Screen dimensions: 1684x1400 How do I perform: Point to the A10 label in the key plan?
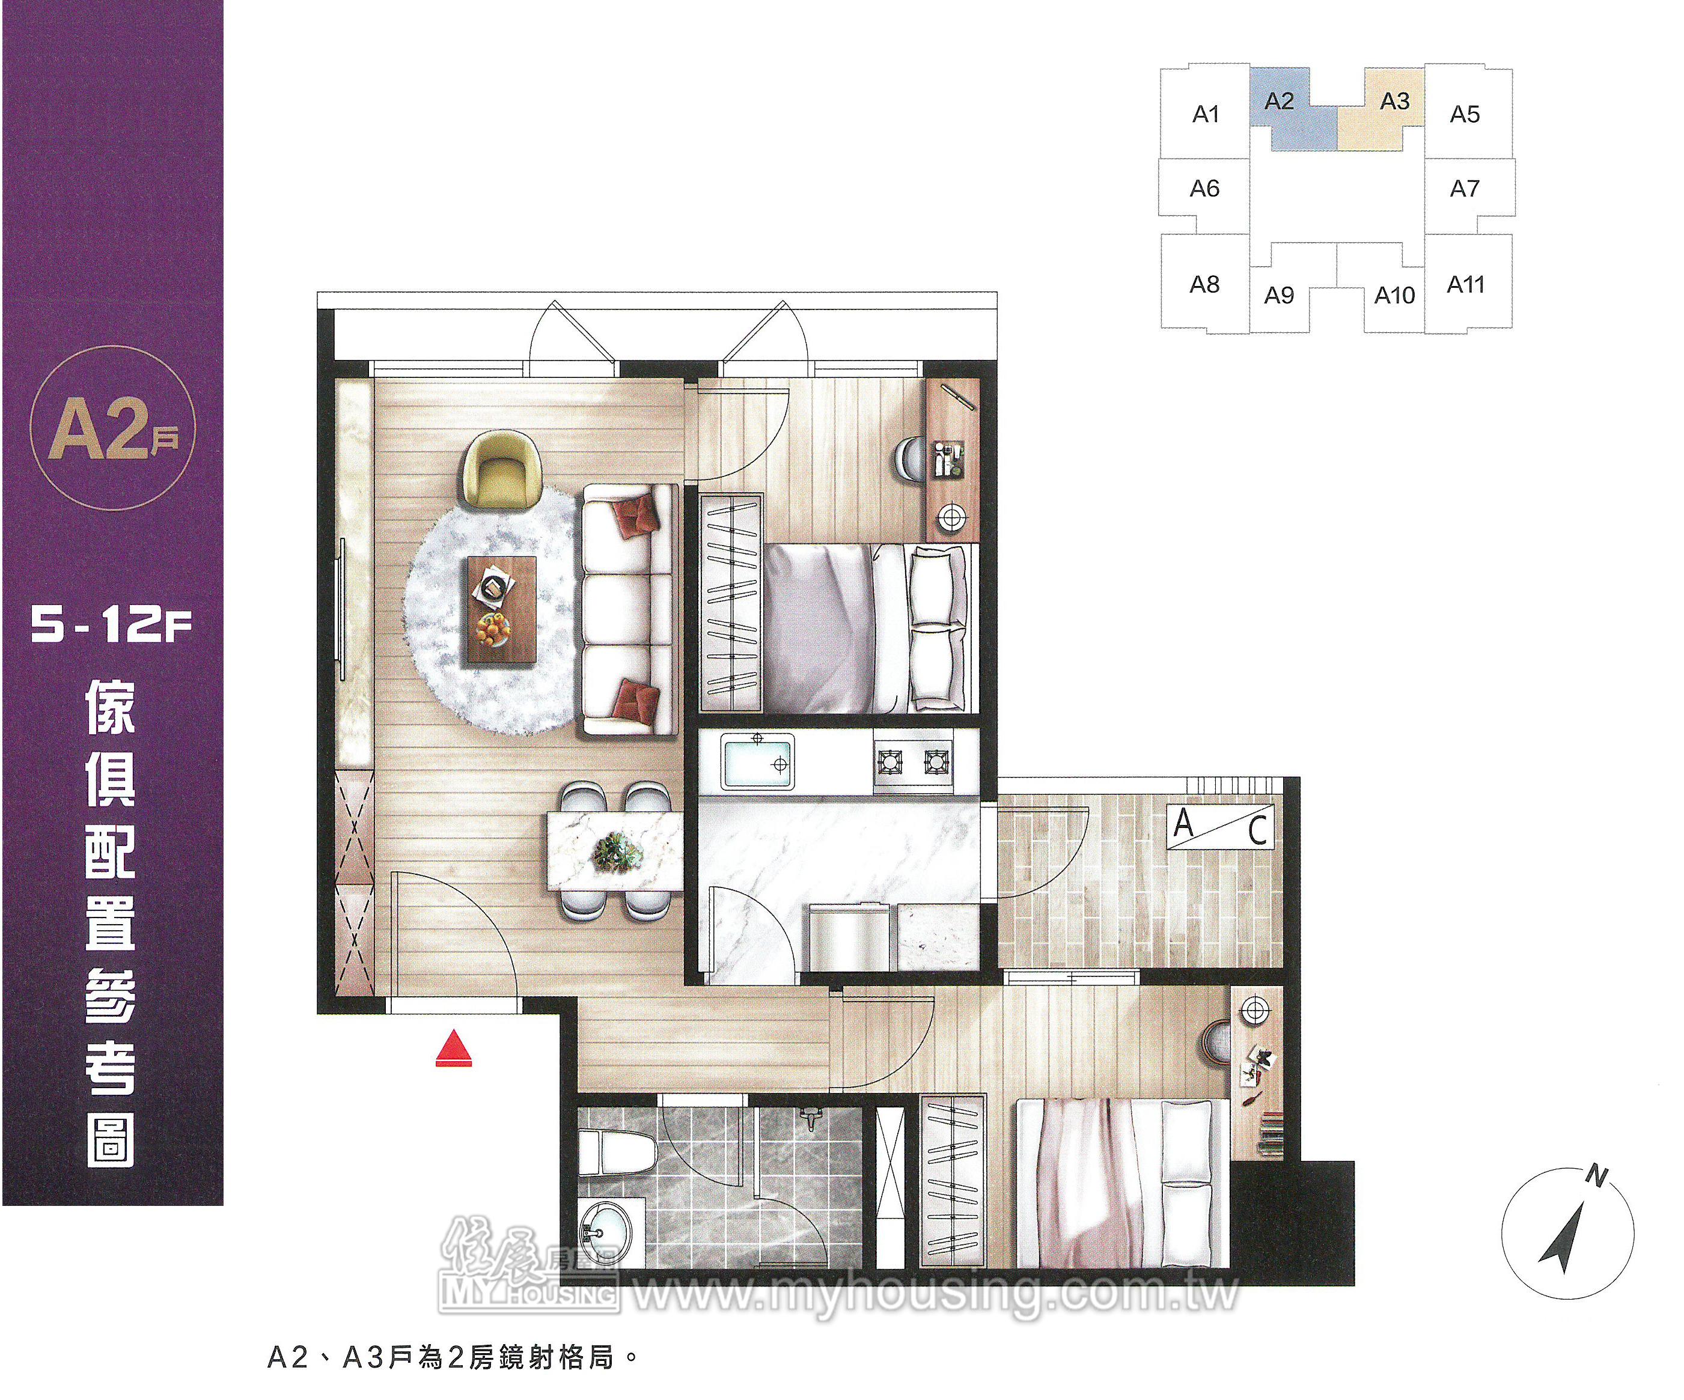(1394, 295)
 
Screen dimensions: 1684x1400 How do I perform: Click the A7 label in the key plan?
(1464, 189)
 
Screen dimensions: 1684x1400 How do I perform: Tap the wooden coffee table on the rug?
(501, 610)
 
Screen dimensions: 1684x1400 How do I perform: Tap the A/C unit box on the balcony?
(1219, 826)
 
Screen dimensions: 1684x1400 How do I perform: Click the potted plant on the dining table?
(616, 851)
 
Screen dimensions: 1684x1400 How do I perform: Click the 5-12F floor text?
(111, 624)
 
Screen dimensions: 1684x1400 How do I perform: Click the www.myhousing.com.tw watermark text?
(936, 1292)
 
